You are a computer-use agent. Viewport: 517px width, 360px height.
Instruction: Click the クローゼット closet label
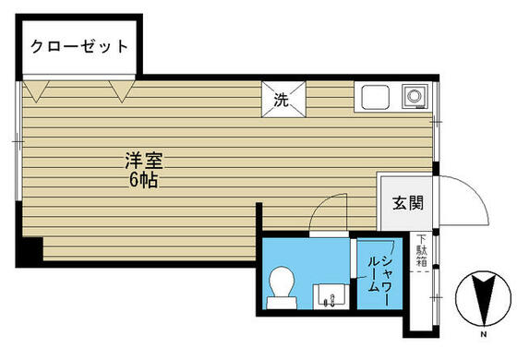tap(79, 46)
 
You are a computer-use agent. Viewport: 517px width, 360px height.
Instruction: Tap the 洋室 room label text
tap(144, 161)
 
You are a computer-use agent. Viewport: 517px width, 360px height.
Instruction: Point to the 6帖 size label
tap(144, 180)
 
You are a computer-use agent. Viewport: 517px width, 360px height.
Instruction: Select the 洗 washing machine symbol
tap(283, 100)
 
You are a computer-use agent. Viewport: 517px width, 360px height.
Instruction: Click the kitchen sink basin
tap(375, 97)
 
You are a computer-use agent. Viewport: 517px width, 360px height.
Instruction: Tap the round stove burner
tap(415, 96)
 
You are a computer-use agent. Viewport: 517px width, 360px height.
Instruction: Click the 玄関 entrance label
tap(408, 203)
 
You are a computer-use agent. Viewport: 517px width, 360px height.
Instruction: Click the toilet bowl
tap(282, 282)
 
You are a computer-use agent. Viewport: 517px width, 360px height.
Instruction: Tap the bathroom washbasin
tap(331, 296)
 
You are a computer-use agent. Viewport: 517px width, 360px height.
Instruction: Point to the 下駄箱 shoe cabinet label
tap(422, 250)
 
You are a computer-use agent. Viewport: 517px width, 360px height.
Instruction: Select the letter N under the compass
tap(484, 334)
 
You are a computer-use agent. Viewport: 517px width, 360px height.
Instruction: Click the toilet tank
tap(282, 303)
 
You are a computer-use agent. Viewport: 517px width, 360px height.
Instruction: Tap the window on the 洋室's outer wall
tap(18, 141)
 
